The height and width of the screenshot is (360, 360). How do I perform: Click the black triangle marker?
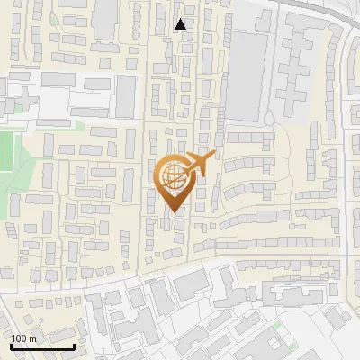pos(181,24)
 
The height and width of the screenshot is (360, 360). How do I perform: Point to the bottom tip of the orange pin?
pos(171,212)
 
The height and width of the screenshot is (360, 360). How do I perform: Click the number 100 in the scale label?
pos(20,338)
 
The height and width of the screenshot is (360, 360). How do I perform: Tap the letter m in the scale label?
pos(32,338)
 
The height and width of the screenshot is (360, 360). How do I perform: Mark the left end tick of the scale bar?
pos(12,346)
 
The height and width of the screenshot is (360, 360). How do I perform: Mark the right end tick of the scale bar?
pos(74,346)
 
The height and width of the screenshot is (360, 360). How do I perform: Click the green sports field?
pos(7,153)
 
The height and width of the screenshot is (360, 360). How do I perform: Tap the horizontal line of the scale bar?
pos(42,346)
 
